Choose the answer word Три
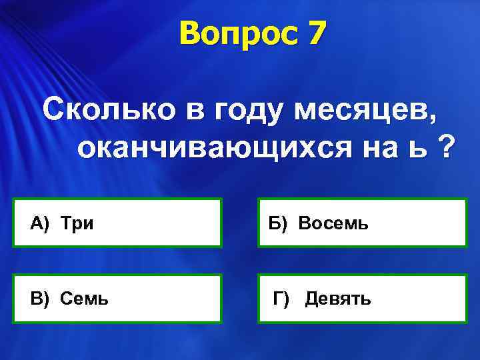click(x=77, y=223)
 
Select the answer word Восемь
click(x=333, y=223)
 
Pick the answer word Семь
click(x=84, y=299)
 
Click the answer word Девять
click(x=338, y=299)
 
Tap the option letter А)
click(x=40, y=223)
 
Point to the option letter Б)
click(x=279, y=223)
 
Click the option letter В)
click(x=40, y=299)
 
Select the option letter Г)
click(x=281, y=299)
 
